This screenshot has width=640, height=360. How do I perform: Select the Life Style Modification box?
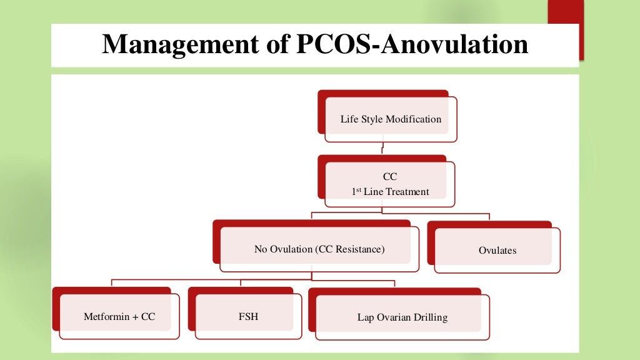391,119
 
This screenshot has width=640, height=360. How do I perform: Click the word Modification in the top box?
414,119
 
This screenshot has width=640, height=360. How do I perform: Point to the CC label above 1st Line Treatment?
390,177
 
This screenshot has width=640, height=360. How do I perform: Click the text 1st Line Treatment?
390,192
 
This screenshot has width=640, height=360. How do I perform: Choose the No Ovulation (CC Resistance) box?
319,249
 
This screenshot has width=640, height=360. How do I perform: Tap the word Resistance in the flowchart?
359,249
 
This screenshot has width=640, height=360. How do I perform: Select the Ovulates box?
497,251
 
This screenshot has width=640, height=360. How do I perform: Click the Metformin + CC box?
119,317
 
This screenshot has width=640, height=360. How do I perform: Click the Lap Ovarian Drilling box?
402,317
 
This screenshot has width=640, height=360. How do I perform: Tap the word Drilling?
431,317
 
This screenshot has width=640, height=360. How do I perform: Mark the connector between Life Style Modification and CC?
382,149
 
